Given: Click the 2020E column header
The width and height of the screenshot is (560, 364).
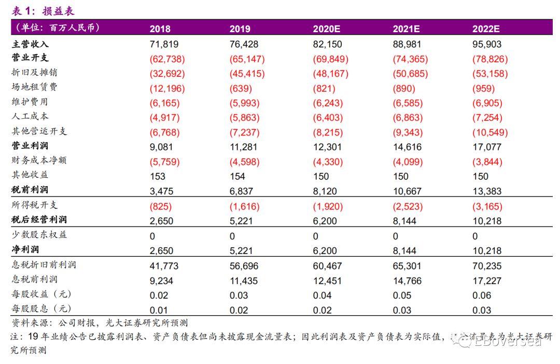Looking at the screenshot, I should [x=326, y=29].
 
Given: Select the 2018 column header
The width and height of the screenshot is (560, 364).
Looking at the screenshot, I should [x=160, y=29].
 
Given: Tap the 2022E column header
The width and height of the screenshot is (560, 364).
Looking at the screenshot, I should [x=485, y=29].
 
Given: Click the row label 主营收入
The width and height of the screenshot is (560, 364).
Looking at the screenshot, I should [x=30, y=45].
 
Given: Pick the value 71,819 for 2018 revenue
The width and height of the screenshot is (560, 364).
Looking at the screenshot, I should [x=164, y=45].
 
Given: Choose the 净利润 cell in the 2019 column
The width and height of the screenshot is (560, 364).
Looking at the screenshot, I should [x=241, y=251].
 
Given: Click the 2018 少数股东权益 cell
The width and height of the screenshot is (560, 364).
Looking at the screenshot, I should [x=152, y=236].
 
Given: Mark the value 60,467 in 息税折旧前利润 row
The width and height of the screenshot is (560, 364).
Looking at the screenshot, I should [x=327, y=266].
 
